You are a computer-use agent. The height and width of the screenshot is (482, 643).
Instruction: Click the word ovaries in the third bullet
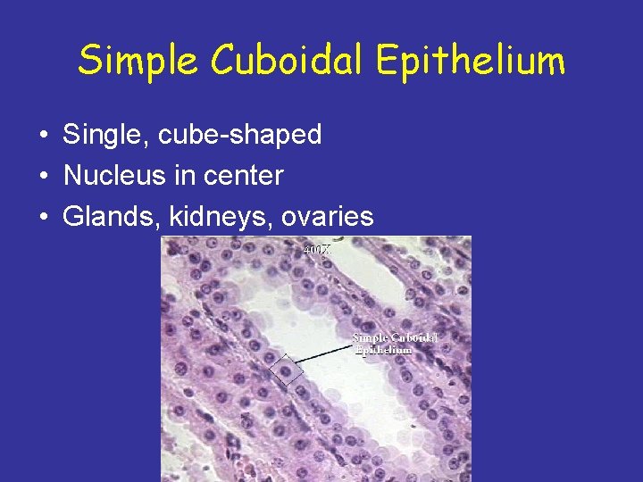pyautogui.click(x=325, y=217)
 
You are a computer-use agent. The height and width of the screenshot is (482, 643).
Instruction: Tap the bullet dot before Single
pyautogui.click(x=43, y=136)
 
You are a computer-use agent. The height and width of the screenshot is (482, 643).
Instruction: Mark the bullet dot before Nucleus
pyautogui.click(x=43, y=177)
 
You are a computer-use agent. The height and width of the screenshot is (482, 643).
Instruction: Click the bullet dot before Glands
pyautogui.click(x=43, y=217)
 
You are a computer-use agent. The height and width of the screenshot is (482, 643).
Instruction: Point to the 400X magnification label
pyautogui.click(x=317, y=251)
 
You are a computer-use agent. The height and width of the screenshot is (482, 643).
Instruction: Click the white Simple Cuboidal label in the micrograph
pyautogui.click(x=395, y=337)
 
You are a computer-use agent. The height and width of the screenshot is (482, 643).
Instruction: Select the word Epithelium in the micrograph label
pyautogui.click(x=383, y=350)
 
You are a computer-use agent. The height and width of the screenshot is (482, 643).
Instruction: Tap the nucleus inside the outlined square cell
pyautogui.click(x=286, y=370)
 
